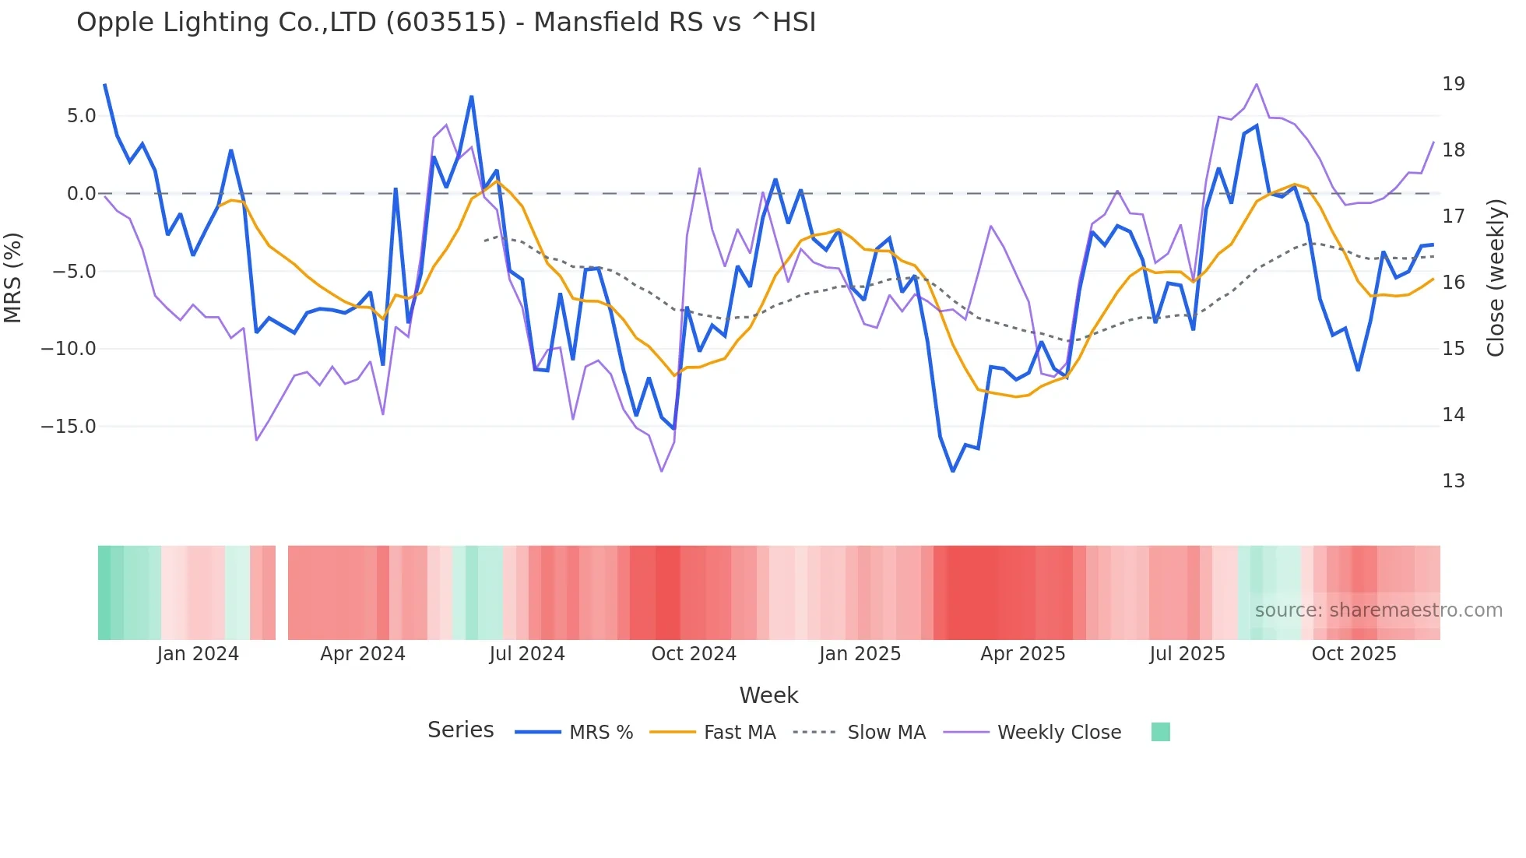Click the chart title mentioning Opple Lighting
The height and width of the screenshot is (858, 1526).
pyautogui.click(x=446, y=23)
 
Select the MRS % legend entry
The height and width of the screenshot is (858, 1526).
pyautogui.click(x=600, y=733)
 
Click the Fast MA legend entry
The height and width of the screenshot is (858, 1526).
pyautogui.click(x=739, y=733)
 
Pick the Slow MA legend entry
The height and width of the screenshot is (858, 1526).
pyautogui.click(x=886, y=733)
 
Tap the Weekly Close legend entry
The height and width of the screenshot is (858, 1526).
pyautogui.click(x=1059, y=733)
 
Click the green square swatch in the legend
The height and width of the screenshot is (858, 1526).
pyautogui.click(x=1160, y=732)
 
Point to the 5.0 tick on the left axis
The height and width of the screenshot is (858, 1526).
pyautogui.click(x=81, y=116)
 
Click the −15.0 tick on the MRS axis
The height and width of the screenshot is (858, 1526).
pyautogui.click(x=69, y=427)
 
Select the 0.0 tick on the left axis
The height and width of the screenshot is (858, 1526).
pyautogui.click(x=81, y=194)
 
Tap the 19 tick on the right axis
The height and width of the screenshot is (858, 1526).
pyautogui.click(x=1453, y=84)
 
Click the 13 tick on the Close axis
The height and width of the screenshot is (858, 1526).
pyautogui.click(x=1453, y=481)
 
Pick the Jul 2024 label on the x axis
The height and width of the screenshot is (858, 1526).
pyautogui.click(x=527, y=654)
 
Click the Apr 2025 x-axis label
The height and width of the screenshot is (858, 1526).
pyautogui.click(x=1022, y=654)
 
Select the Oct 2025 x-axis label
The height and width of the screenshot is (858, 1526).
pyautogui.click(x=1353, y=654)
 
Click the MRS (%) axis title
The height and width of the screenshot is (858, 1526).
pyautogui.click(x=13, y=278)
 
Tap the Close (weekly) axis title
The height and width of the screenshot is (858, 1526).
pyautogui.click(x=1495, y=278)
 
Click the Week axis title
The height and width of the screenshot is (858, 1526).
pyautogui.click(x=768, y=695)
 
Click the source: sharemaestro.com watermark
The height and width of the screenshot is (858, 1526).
pyautogui.click(x=1378, y=610)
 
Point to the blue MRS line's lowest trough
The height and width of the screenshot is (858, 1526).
pyautogui.click(x=952, y=471)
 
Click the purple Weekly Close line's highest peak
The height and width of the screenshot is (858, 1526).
pyautogui.click(x=1256, y=84)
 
